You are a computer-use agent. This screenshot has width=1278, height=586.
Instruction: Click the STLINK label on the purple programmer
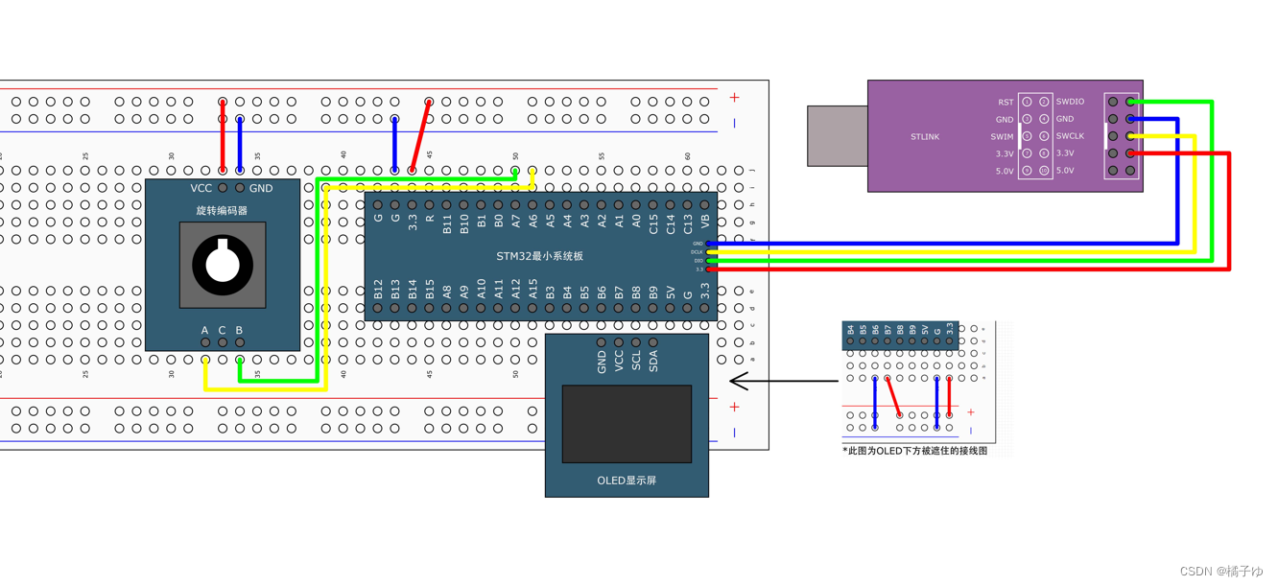tap(925, 137)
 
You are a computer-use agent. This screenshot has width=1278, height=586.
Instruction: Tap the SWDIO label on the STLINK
tap(1070, 102)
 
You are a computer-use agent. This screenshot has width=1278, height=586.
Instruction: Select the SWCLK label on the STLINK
tap(1070, 136)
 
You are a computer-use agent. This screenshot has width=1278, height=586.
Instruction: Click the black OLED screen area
tap(627, 423)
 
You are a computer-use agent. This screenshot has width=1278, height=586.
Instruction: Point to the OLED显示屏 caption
tap(627, 481)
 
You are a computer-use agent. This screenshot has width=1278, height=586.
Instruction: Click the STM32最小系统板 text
tap(539, 256)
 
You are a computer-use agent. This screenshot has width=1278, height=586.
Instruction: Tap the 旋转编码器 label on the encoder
tap(222, 210)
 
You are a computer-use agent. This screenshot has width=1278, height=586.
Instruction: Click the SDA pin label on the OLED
tap(653, 362)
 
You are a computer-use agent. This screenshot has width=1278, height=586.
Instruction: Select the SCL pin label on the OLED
tap(636, 362)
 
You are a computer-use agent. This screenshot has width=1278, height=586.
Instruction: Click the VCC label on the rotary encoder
tap(201, 188)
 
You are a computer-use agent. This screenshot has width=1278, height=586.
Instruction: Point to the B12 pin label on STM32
tap(378, 291)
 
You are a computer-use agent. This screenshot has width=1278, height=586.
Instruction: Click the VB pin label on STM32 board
tap(705, 222)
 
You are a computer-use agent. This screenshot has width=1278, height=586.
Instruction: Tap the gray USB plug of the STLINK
tap(837, 136)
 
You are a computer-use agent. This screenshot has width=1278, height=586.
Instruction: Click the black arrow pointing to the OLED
tap(783, 382)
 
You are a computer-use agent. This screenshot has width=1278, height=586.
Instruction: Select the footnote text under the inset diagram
tap(914, 451)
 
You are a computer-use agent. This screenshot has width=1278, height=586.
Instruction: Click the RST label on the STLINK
tap(1005, 102)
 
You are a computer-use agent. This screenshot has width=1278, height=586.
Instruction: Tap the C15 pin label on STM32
tap(653, 224)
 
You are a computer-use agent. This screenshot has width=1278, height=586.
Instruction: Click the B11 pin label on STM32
tap(447, 224)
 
